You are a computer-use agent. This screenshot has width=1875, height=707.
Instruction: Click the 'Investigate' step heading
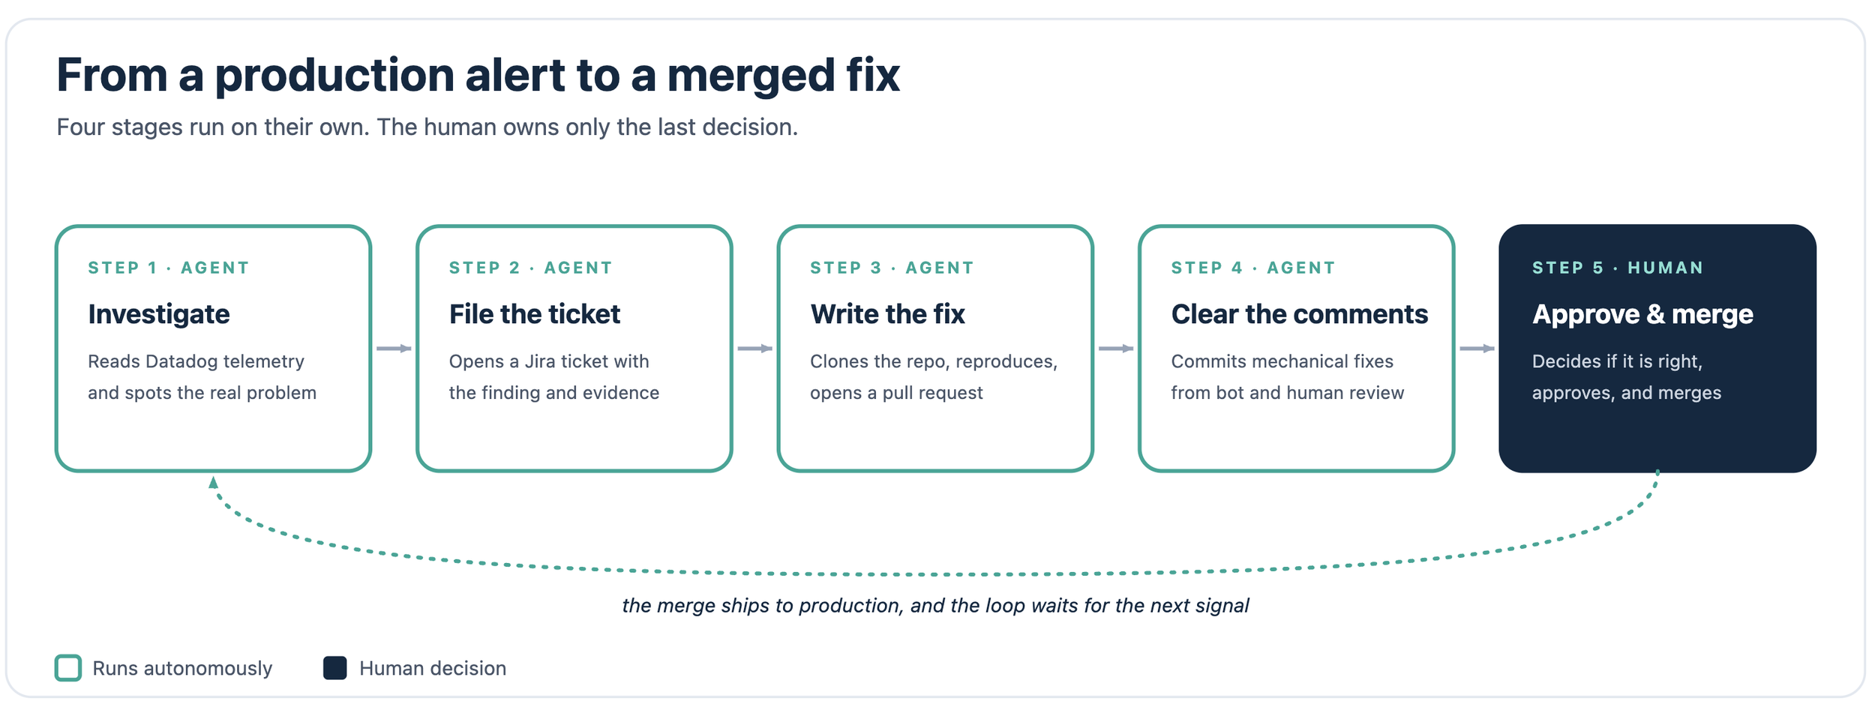[159, 315]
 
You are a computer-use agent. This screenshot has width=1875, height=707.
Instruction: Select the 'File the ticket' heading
[535, 314]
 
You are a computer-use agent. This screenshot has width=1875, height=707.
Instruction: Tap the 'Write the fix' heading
[887, 314]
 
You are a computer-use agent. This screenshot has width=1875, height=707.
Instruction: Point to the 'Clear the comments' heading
[1300, 314]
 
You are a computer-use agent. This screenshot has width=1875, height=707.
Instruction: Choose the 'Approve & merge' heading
[1642, 315]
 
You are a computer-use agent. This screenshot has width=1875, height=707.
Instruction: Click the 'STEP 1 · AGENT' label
[169, 268]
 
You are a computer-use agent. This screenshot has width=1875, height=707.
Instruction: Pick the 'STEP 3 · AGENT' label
[892, 268]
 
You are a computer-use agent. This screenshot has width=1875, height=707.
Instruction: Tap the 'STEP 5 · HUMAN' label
[1618, 268]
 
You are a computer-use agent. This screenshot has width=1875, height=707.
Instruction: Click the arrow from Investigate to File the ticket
[394, 349]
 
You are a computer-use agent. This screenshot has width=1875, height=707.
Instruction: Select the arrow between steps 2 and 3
[755, 349]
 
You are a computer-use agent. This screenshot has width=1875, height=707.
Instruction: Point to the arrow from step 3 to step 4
[1116, 349]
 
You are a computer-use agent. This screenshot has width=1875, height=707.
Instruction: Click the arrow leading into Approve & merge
[1477, 349]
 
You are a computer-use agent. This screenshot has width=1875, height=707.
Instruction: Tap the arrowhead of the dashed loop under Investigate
[214, 482]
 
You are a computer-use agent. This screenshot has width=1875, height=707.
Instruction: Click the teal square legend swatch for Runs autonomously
[68, 668]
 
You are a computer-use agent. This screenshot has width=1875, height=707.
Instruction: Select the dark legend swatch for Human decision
[335, 668]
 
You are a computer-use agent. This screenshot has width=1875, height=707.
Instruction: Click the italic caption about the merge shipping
[935, 606]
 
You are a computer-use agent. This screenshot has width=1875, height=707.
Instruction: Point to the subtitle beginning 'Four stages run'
[427, 127]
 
